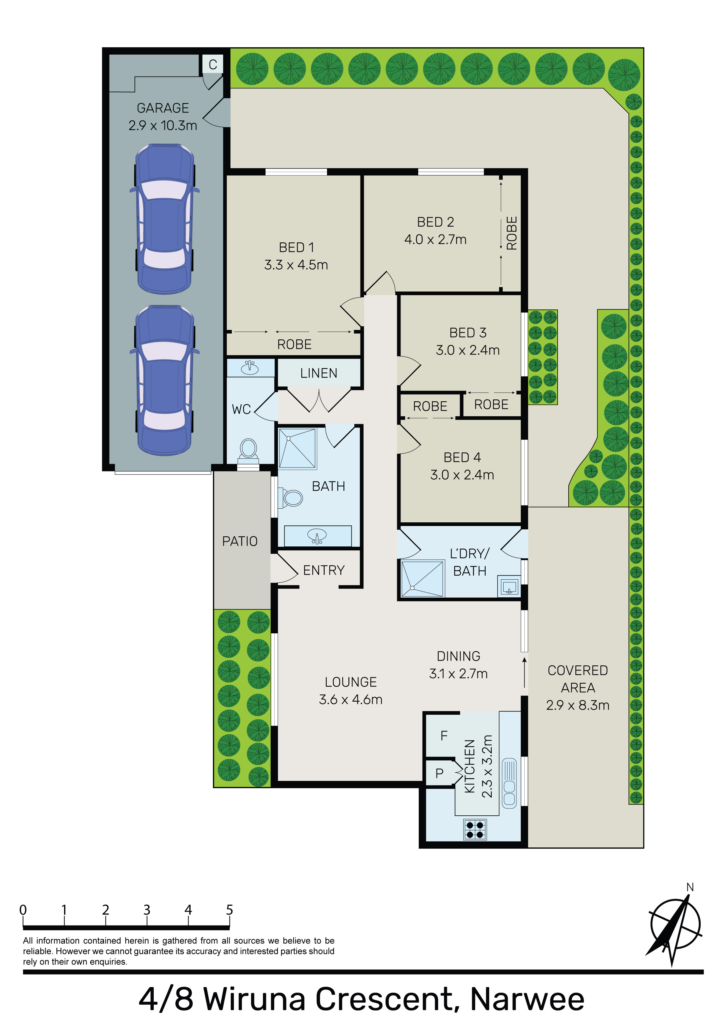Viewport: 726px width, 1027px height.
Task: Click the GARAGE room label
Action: (x=163, y=108)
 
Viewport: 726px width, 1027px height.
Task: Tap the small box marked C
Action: (x=213, y=64)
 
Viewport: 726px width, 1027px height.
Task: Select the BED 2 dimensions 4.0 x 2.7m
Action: (x=435, y=240)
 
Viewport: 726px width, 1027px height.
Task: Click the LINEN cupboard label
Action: (x=319, y=373)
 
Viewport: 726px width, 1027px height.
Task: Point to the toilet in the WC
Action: (x=248, y=449)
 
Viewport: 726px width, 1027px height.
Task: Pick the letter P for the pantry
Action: (x=440, y=773)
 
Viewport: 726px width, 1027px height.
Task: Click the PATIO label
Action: (x=240, y=541)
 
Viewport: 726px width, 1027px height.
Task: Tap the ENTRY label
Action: (x=324, y=570)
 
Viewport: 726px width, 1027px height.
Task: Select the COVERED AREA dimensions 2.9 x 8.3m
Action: (x=577, y=705)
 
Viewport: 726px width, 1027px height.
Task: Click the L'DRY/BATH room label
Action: (x=469, y=562)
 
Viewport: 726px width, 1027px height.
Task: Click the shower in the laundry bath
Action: (x=422, y=578)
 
